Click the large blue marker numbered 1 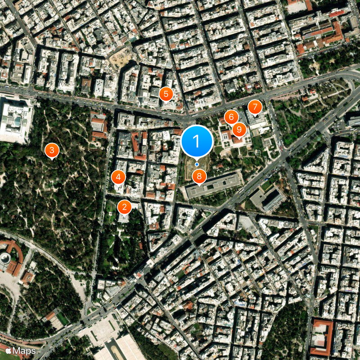[197, 140]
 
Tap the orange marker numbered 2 [124, 207]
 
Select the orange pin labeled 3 [52, 150]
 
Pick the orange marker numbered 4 [118, 177]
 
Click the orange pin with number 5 [166, 94]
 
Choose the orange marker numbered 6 [231, 117]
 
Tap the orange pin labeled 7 [255, 107]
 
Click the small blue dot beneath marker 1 [197, 165]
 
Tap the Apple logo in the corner [8, 351]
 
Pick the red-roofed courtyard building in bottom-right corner [321, 337]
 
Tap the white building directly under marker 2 [125, 218]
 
